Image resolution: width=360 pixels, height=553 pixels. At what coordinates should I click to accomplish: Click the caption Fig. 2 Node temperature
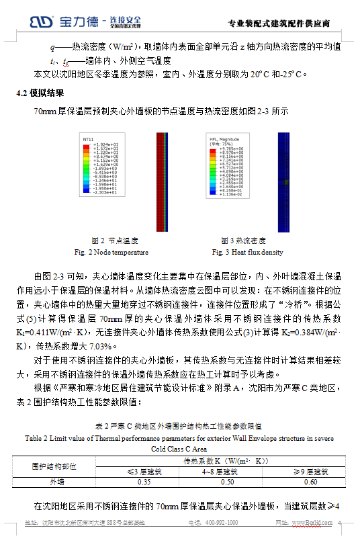point(111,252)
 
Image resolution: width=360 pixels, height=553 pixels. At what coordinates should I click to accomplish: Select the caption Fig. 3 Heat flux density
point(247,252)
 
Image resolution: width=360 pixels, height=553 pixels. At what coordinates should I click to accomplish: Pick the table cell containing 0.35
point(144,482)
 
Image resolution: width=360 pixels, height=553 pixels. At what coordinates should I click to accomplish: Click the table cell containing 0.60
point(310,482)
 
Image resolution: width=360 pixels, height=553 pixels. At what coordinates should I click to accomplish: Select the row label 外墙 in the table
point(58,482)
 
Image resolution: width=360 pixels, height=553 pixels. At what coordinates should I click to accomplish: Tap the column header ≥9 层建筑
point(310,472)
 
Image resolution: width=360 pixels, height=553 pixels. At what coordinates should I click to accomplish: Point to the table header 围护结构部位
point(58,466)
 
